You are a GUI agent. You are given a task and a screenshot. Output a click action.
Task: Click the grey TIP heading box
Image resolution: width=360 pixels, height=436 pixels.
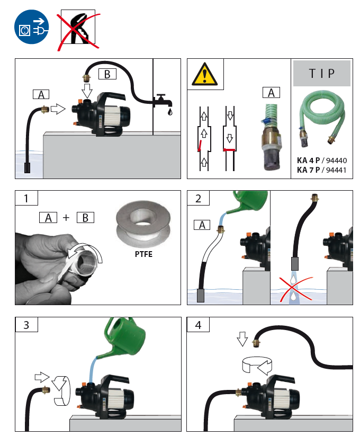coord(322,73)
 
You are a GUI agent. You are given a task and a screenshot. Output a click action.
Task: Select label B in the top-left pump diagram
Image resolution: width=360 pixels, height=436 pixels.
coord(107,74)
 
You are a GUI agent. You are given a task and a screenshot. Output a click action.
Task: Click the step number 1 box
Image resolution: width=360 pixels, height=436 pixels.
coord(27,199)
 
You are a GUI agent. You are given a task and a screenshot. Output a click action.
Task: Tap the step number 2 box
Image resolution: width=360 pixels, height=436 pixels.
coord(199,199)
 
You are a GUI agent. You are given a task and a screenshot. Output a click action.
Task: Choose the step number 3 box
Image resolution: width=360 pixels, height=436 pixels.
coord(27,325)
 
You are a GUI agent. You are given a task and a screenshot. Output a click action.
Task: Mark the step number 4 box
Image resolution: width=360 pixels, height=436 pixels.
coord(199,325)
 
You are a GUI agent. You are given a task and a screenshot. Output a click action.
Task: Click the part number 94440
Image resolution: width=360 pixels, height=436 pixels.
coord(338,159)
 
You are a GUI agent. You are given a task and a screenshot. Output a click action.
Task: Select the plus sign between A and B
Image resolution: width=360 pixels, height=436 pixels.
coord(66,217)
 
